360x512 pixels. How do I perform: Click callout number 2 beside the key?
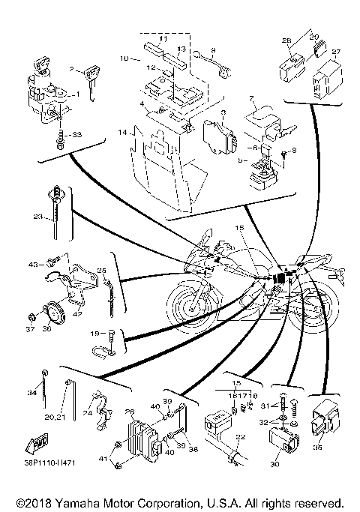tap(73, 69)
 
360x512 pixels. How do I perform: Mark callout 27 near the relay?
tap(335, 52)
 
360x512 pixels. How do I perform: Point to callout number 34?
tap(32, 391)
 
